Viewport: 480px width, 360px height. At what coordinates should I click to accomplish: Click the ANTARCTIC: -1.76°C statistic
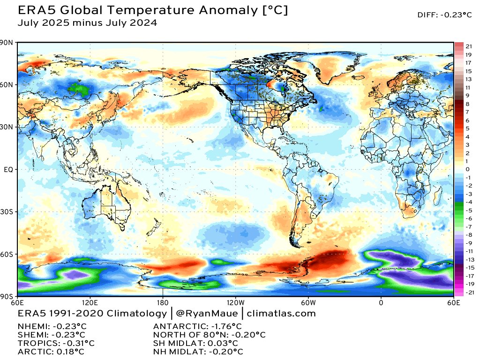[x=197, y=326]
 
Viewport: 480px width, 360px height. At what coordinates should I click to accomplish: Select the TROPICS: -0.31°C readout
[x=56, y=343]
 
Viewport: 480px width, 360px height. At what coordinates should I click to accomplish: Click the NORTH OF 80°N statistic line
[x=210, y=335]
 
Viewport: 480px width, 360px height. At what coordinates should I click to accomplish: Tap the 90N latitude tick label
[x=8, y=43]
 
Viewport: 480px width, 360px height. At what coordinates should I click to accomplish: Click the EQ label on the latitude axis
[x=9, y=170]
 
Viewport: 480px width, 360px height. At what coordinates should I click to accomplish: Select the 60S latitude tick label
[x=8, y=255]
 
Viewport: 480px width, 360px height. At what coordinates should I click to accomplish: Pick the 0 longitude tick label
[x=381, y=302]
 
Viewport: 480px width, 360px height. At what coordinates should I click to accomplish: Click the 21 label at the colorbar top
[x=469, y=46]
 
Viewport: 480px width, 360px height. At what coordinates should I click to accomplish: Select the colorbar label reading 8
[x=467, y=104]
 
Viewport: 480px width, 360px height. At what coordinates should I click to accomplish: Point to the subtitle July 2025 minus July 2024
[x=87, y=22]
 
